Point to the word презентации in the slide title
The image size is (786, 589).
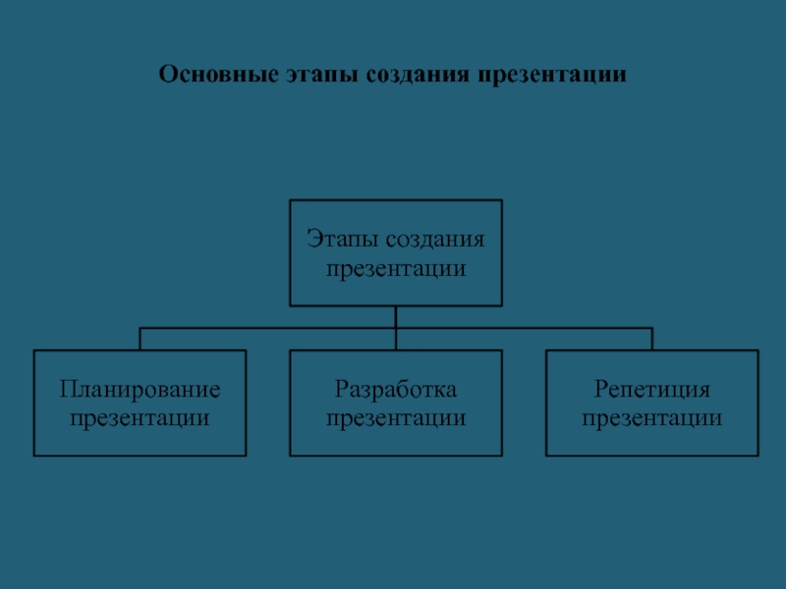(x=553, y=75)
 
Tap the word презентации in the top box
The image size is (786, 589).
(x=395, y=267)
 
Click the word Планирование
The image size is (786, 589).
(x=140, y=390)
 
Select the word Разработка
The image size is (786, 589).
(x=395, y=390)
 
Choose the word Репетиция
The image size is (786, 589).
(x=651, y=390)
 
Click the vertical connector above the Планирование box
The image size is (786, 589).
(x=140, y=339)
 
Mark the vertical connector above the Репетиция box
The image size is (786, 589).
(x=651, y=339)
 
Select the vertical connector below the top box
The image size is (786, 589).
(x=395, y=316)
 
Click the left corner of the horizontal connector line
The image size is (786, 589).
(x=140, y=328)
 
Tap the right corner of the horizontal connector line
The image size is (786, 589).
(x=651, y=328)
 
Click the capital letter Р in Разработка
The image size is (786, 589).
(x=340, y=390)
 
